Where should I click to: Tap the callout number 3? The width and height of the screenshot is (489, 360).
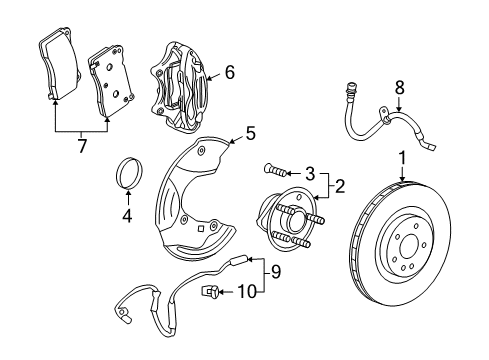[310, 172]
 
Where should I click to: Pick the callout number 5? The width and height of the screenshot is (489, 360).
[251, 131]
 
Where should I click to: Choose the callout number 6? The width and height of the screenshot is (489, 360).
[229, 72]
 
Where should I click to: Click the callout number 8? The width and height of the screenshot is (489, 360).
[400, 89]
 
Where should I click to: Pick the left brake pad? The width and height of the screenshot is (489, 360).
[59, 68]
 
